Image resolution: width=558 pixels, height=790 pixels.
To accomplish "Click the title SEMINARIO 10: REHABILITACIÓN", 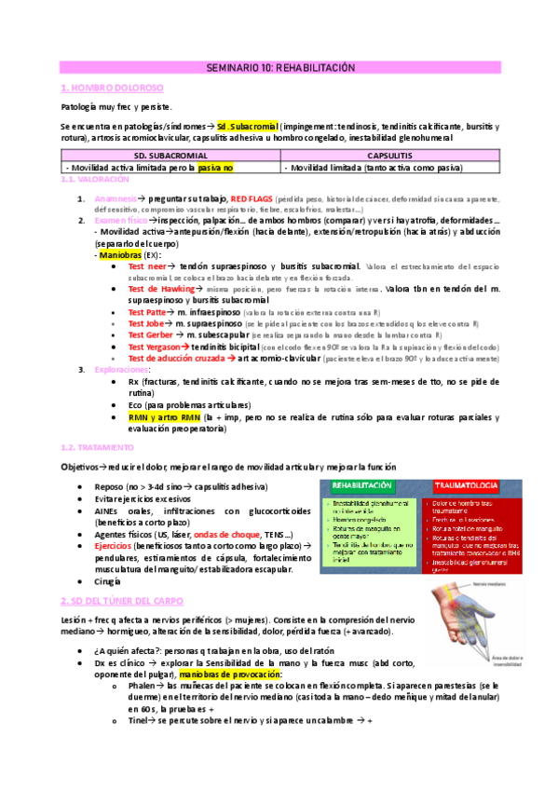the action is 280,68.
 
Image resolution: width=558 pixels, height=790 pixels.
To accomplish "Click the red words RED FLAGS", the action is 252,199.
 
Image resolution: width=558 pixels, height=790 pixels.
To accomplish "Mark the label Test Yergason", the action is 156,347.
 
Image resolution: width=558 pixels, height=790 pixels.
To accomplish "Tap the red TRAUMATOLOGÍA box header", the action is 466,485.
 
